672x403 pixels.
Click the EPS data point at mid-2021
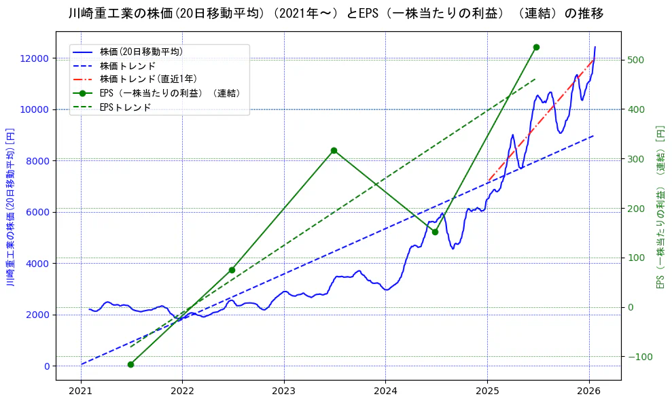130,364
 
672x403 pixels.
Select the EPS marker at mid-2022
232,270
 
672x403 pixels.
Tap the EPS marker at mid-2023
334,150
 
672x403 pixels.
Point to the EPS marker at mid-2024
435,232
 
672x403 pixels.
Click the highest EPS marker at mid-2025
536,47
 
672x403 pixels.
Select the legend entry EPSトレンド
125,107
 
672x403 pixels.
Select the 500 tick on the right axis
636,60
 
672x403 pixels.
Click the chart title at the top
336,14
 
